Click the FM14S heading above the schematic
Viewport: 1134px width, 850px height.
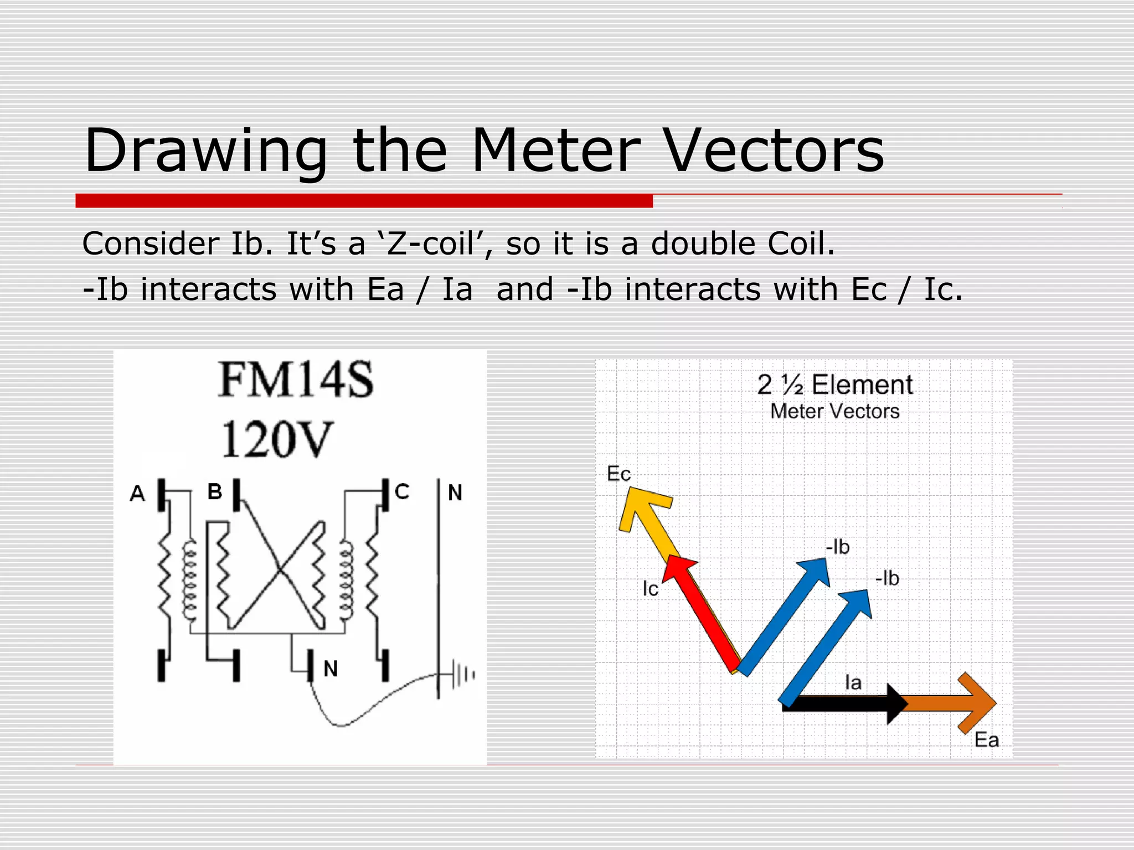tap(296, 380)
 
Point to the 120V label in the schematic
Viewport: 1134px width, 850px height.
tap(277, 439)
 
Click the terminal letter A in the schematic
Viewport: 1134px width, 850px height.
tap(137, 493)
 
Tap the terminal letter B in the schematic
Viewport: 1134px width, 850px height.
tap(215, 491)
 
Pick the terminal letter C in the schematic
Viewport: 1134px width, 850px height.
tap(402, 491)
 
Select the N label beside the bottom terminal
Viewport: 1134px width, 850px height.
tap(331, 669)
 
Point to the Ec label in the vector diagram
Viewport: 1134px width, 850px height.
tap(618, 474)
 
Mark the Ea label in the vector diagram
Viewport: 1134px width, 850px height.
tap(986, 740)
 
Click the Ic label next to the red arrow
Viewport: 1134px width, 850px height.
tap(650, 589)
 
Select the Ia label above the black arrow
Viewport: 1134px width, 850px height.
tap(853, 682)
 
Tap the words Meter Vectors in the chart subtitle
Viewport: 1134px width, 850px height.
tap(834, 411)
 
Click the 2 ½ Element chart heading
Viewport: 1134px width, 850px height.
tap(834, 385)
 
